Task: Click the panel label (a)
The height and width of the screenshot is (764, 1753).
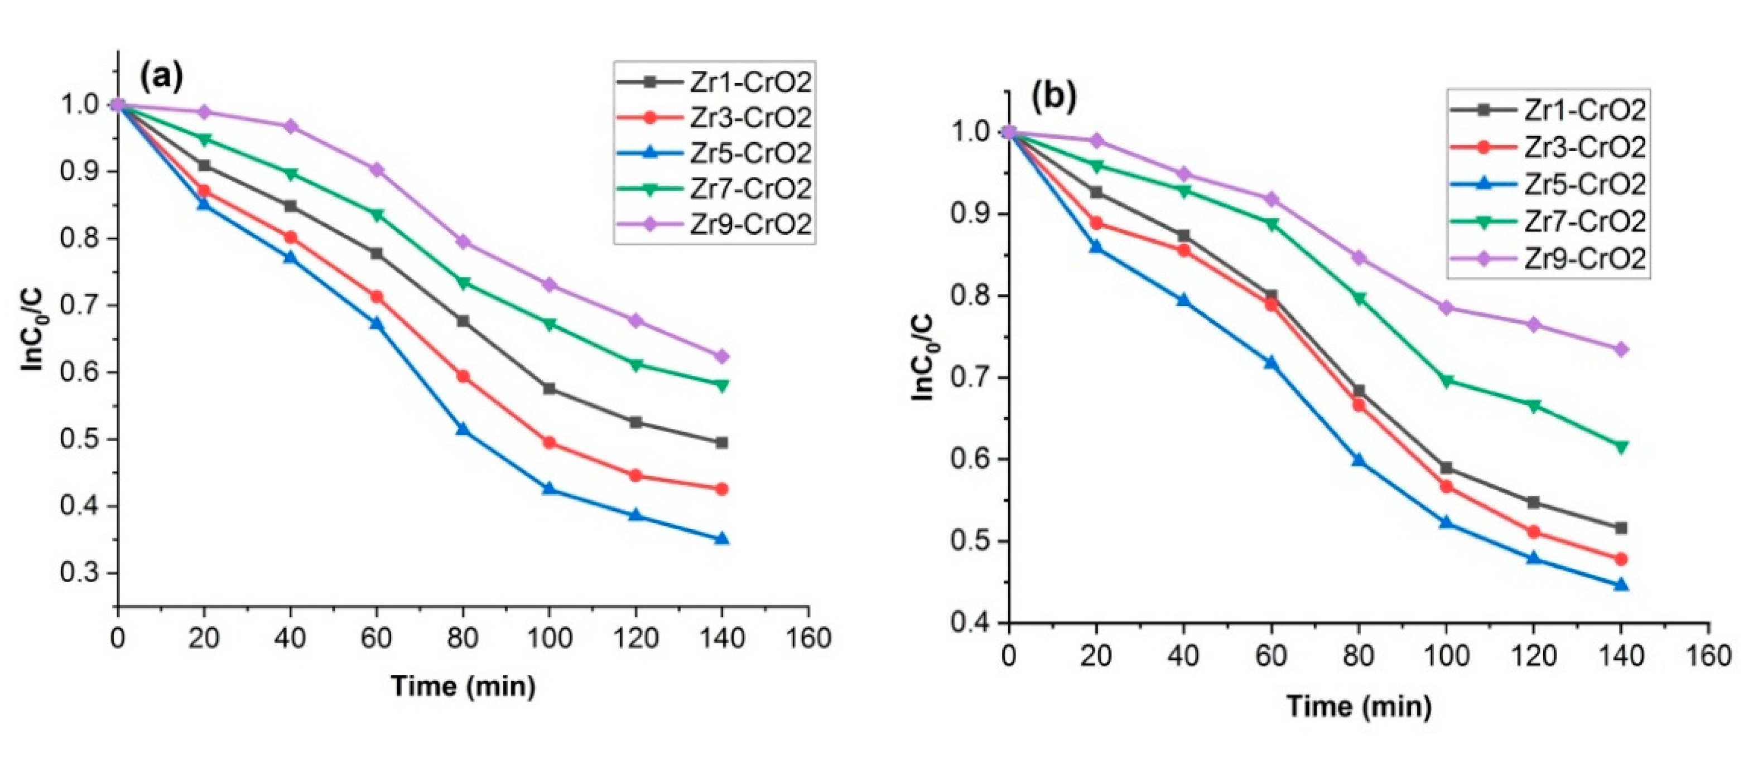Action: click(x=161, y=77)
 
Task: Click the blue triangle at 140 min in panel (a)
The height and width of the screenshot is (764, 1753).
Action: click(x=722, y=539)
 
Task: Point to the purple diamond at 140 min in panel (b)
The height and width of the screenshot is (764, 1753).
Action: click(x=1621, y=350)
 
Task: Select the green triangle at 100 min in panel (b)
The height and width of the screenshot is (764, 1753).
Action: click(x=1446, y=380)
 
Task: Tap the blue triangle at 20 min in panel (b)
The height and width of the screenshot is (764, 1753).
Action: click(x=1096, y=248)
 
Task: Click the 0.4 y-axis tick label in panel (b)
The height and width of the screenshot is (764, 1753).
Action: click(x=971, y=622)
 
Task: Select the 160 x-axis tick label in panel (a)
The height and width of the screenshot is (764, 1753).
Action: click(x=808, y=638)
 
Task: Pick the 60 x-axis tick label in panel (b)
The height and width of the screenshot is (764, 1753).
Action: click(x=1270, y=656)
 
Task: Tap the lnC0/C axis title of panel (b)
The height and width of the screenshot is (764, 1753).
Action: click(x=923, y=357)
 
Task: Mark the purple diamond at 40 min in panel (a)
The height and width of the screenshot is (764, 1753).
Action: click(x=291, y=127)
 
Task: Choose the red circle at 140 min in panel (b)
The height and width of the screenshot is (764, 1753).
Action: click(x=1621, y=559)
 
